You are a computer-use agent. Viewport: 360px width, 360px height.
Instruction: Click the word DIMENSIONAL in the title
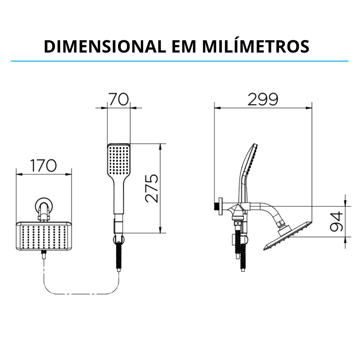tap(103, 46)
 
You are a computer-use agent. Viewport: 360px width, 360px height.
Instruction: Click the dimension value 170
tap(44, 166)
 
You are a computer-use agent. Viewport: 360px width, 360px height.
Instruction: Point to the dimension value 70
tap(119, 99)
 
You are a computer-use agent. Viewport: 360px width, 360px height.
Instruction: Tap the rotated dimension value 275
tap(152, 188)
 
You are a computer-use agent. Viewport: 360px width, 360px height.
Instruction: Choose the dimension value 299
tap(263, 99)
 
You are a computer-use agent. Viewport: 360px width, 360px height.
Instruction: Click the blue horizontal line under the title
tap(180, 61)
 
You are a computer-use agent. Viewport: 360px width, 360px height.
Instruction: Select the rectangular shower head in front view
tap(44, 236)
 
